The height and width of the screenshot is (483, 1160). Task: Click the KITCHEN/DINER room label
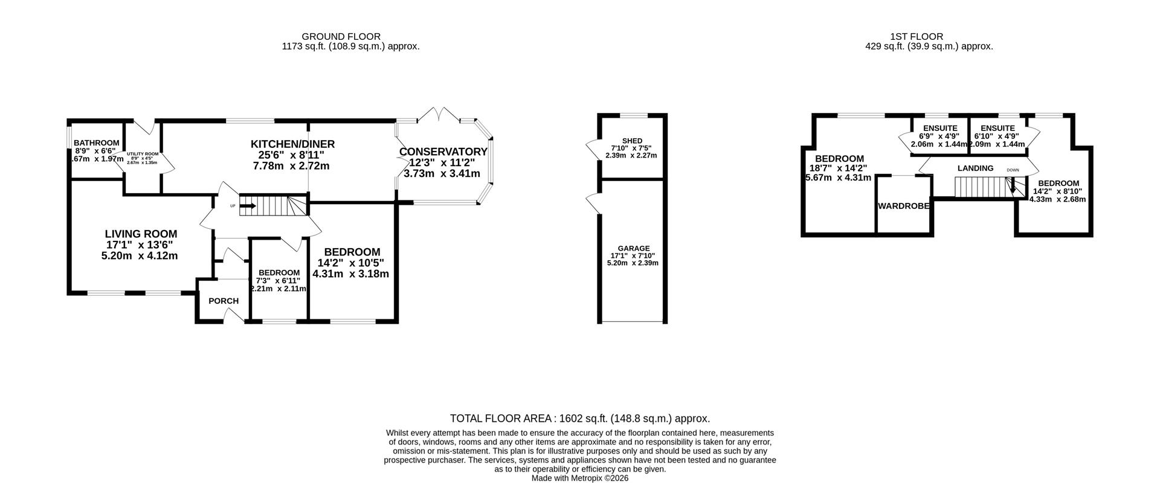coord(292,144)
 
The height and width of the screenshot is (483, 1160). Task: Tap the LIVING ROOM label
coord(141,234)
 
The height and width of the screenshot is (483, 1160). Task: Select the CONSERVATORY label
coord(443,152)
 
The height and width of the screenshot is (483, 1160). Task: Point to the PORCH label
coord(224,301)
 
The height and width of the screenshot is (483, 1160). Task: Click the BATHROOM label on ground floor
coord(97,143)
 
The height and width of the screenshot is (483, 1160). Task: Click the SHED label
coord(632,141)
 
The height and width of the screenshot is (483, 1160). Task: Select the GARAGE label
coord(634,248)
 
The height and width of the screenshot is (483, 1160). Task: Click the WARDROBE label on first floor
coord(903,206)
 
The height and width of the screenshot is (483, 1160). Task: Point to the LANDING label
coord(975,168)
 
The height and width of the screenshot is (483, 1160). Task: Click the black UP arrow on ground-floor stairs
coord(248,206)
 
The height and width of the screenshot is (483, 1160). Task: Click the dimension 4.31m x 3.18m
coord(350,274)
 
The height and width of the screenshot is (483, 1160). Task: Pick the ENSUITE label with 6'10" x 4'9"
coord(997,128)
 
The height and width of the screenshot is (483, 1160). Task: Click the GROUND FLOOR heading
coord(341,37)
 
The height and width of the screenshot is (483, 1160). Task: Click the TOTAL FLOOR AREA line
coord(580,418)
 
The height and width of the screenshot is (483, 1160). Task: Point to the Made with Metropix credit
coord(580,478)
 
